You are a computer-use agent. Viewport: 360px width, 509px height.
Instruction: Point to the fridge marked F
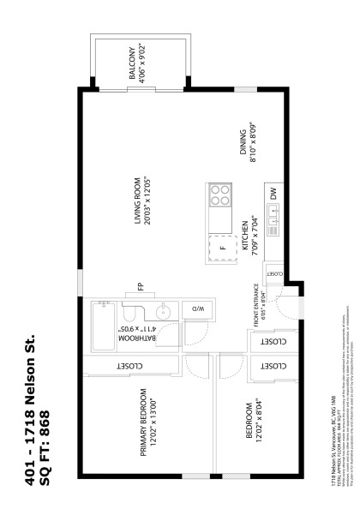coord(222,249)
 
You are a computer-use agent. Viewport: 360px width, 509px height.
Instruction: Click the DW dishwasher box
coord(273,195)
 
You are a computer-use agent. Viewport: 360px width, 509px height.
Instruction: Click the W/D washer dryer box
coord(196,308)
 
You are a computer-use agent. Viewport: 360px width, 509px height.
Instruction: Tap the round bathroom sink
coord(165,310)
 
